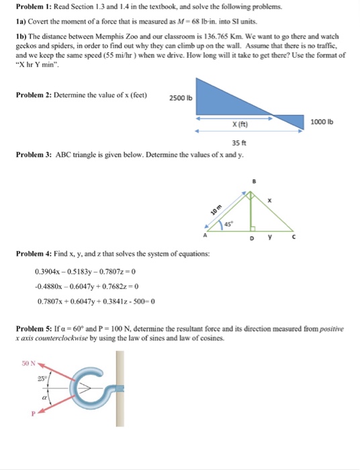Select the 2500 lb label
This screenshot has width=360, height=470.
[181, 99]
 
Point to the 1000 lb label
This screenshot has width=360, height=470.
[325, 122]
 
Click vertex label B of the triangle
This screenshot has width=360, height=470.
[254, 181]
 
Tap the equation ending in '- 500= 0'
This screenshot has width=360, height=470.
[97, 300]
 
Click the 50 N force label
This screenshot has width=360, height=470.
[28, 363]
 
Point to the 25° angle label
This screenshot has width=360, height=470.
[41, 379]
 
